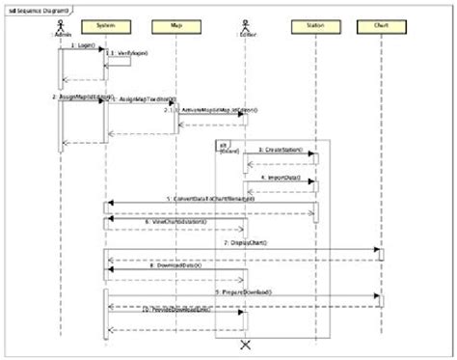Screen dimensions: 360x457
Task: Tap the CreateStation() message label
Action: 280,152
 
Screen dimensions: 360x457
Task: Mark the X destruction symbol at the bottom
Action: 245,344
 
